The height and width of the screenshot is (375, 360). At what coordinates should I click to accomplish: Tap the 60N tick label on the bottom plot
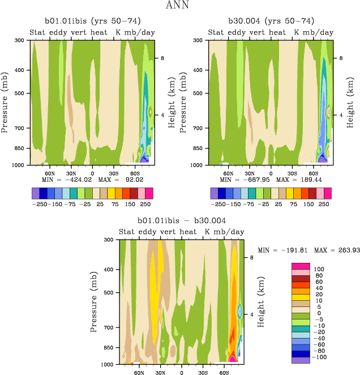coord(139,372)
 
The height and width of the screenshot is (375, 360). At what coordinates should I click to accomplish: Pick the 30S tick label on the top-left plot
coord(114,173)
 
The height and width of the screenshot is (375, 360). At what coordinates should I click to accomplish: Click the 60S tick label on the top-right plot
coord(313,173)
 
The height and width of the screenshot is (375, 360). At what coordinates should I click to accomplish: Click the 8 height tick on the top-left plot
coord(161,58)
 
